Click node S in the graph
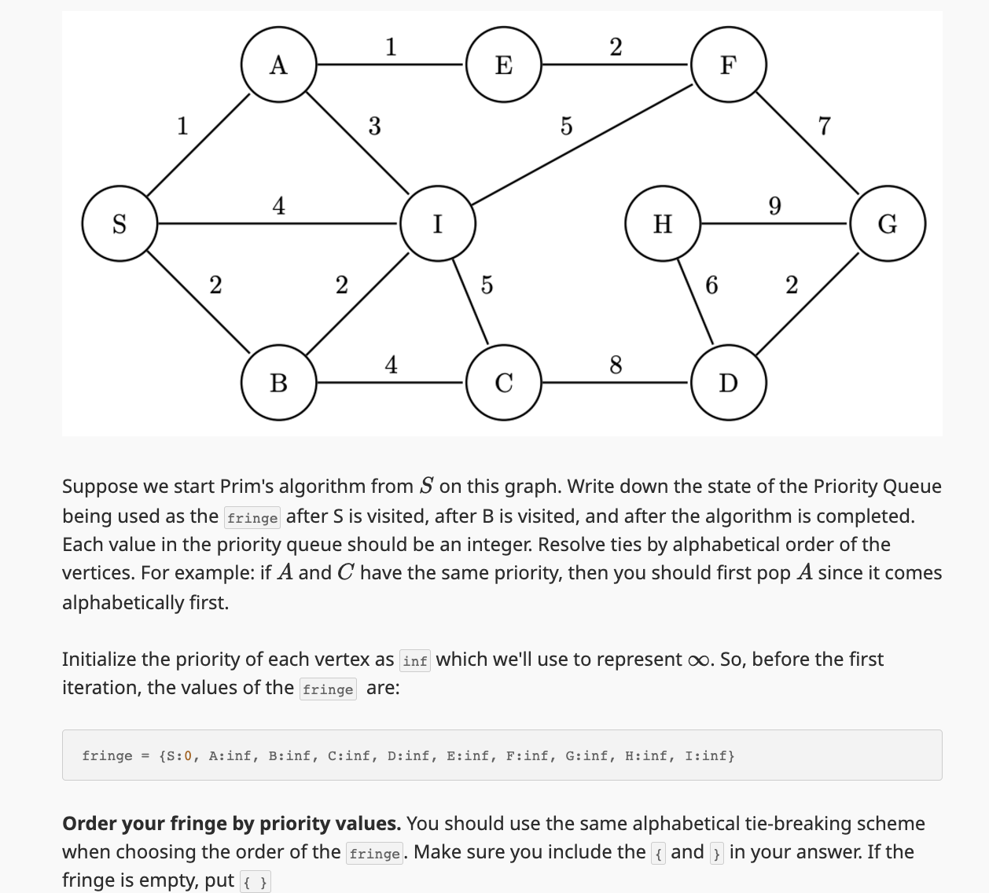[119, 224]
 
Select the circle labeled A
[278, 64]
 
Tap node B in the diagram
[278, 383]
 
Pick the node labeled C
[504, 383]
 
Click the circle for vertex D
[729, 383]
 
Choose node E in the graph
[504, 64]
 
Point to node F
[729, 64]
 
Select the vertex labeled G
[888, 224]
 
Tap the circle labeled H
[663, 224]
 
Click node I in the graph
[438, 224]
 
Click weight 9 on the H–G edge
[774, 207]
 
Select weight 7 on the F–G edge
[824, 126]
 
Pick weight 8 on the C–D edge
[616, 365]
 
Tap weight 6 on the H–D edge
[711, 285]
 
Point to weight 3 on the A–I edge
[374, 126]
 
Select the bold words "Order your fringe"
[145, 824]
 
